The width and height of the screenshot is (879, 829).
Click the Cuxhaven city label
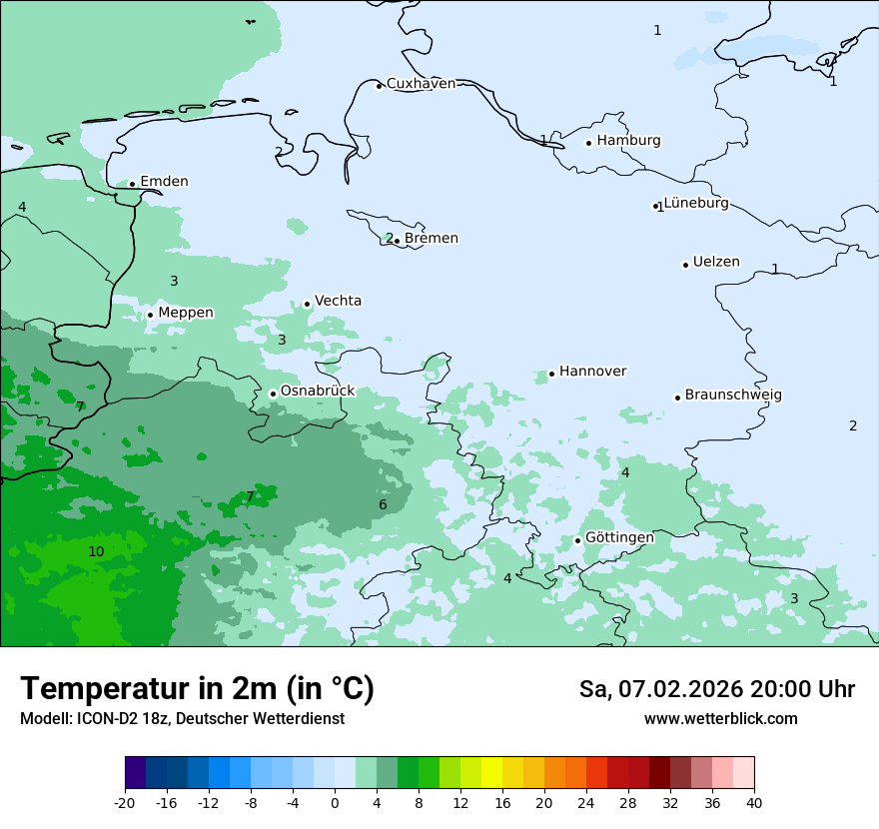pyautogui.click(x=421, y=84)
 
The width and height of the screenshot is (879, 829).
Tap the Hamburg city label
pyautogui.click(x=628, y=141)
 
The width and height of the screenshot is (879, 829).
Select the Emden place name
pyautogui.click(x=164, y=182)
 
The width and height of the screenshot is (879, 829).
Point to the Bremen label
pyautogui.click(x=431, y=239)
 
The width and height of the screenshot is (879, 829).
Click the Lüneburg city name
pyautogui.click(x=696, y=204)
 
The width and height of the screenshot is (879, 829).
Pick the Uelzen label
pyautogui.click(x=716, y=263)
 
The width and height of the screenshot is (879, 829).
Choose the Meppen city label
pyautogui.click(x=186, y=313)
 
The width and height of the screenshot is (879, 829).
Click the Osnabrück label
pyautogui.click(x=317, y=392)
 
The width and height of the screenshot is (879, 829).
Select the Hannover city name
pyautogui.click(x=592, y=372)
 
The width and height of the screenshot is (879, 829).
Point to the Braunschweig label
pyautogui.click(x=733, y=396)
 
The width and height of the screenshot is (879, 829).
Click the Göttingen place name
pyautogui.click(x=619, y=538)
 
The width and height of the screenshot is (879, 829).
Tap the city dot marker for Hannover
pyautogui.click(x=551, y=375)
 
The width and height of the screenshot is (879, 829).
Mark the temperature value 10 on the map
pyautogui.click(x=96, y=552)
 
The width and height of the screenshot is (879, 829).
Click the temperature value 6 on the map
pyautogui.click(x=383, y=505)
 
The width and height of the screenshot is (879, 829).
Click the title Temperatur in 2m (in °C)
pyautogui.click(x=197, y=689)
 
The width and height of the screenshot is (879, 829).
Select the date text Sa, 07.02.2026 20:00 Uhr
pyautogui.click(x=716, y=689)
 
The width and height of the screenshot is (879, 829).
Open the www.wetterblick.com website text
pyautogui.click(x=720, y=719)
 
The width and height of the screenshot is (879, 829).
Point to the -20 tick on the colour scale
pyautogui.click(x=125, y=803)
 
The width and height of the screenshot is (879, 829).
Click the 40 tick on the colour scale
pyautogui.click(x=754, y=803)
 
